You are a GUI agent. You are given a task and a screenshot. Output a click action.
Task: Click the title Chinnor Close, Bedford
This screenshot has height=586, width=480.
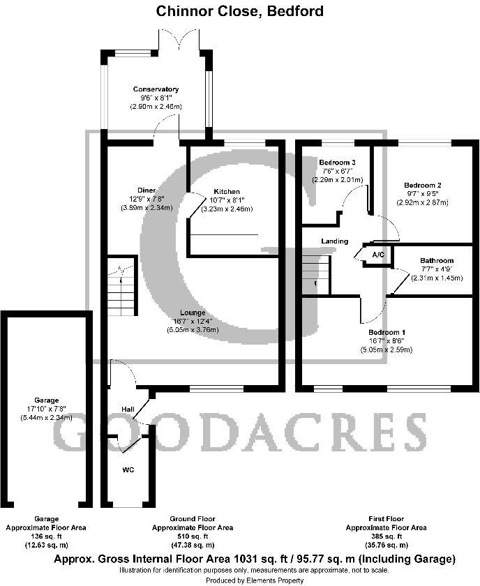click(x=239, y=10)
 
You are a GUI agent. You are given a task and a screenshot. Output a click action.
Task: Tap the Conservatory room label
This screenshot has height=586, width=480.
click(x=156, y=89)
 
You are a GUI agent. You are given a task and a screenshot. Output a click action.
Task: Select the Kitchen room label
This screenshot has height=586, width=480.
click(x=227, y=191)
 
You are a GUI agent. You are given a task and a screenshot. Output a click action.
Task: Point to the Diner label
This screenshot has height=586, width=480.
click(x=146, y=190)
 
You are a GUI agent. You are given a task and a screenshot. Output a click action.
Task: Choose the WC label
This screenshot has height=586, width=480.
click(x=128, y=469)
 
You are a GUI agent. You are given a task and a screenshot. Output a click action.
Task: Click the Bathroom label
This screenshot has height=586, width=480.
click(x=436, y=260)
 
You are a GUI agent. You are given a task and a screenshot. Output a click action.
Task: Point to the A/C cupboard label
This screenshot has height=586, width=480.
click(x=378, y=255)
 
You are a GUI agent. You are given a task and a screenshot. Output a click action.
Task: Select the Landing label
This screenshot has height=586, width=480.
click(x=334, y=241)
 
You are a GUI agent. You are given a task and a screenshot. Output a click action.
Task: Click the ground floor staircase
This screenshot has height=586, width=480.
click(x=121, y=286)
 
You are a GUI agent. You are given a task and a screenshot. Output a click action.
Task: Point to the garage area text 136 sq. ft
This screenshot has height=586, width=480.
click(x=46, y=536)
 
